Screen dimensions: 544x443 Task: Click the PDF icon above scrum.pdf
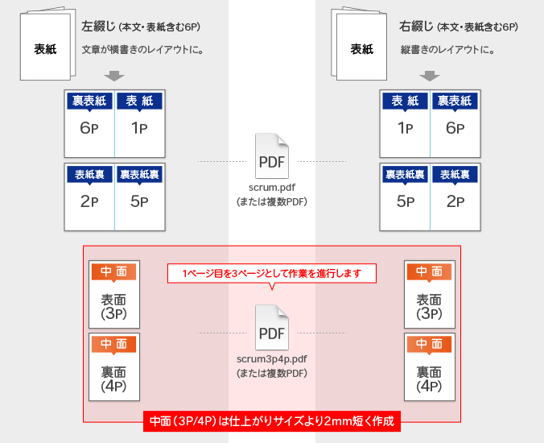click(272, 156)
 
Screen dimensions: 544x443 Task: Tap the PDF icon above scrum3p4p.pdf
click(272, 327)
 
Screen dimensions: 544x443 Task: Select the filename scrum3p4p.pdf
click(272, 359)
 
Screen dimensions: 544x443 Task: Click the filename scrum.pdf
click(272, 188)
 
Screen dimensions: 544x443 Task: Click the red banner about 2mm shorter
click(272, 421)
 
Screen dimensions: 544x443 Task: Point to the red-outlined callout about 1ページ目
click(272, 274)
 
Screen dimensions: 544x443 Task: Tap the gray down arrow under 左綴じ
click(114, 76)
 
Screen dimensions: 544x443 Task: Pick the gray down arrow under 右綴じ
click(430, 76)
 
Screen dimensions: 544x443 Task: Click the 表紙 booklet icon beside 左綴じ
click(47, 43)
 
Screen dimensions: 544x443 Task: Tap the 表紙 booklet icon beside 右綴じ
click(359, 43)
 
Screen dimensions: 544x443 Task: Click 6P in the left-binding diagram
click(89, 128)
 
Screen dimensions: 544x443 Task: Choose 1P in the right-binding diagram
click(405, 128)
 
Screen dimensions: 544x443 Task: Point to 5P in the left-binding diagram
click(139, 201)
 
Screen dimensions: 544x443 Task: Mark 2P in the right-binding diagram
click(455, 201)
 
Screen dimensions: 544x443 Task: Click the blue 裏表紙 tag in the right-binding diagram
click(455, 101)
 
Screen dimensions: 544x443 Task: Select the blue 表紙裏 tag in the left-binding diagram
click(89, 175)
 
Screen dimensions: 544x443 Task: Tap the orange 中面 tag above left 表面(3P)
click(113, 272)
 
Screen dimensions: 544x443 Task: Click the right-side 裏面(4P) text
click(429, 379)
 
